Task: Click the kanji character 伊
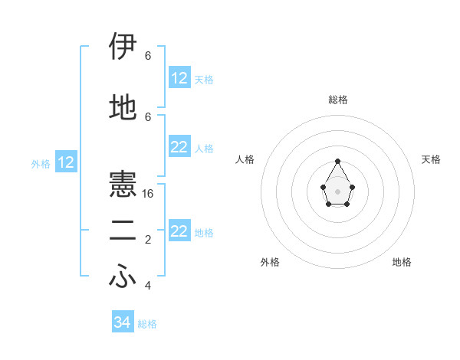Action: coord(123,47)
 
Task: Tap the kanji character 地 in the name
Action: coord(123,108)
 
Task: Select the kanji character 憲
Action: coord(123,186)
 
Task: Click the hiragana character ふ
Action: coord(123,278)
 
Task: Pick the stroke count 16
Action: coord(148,194)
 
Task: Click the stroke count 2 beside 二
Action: coord(148,241)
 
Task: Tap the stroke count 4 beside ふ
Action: coord(148,286)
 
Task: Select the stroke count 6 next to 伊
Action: coord(148,56)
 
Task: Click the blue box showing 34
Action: coord(123,322)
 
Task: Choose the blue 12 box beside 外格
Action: coord(66,162)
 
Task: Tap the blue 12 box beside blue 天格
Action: coord(179,78)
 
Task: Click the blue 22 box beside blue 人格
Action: coord(179,147)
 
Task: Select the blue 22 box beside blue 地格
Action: coord(179,231)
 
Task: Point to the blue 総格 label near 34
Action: coord(147,324)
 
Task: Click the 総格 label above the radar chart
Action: coord(338,100)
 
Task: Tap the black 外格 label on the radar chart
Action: coord(270,263)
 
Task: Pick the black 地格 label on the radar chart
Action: coord(402,263)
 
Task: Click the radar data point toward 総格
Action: coord(338,161)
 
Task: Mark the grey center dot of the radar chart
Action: coord(338,191)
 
